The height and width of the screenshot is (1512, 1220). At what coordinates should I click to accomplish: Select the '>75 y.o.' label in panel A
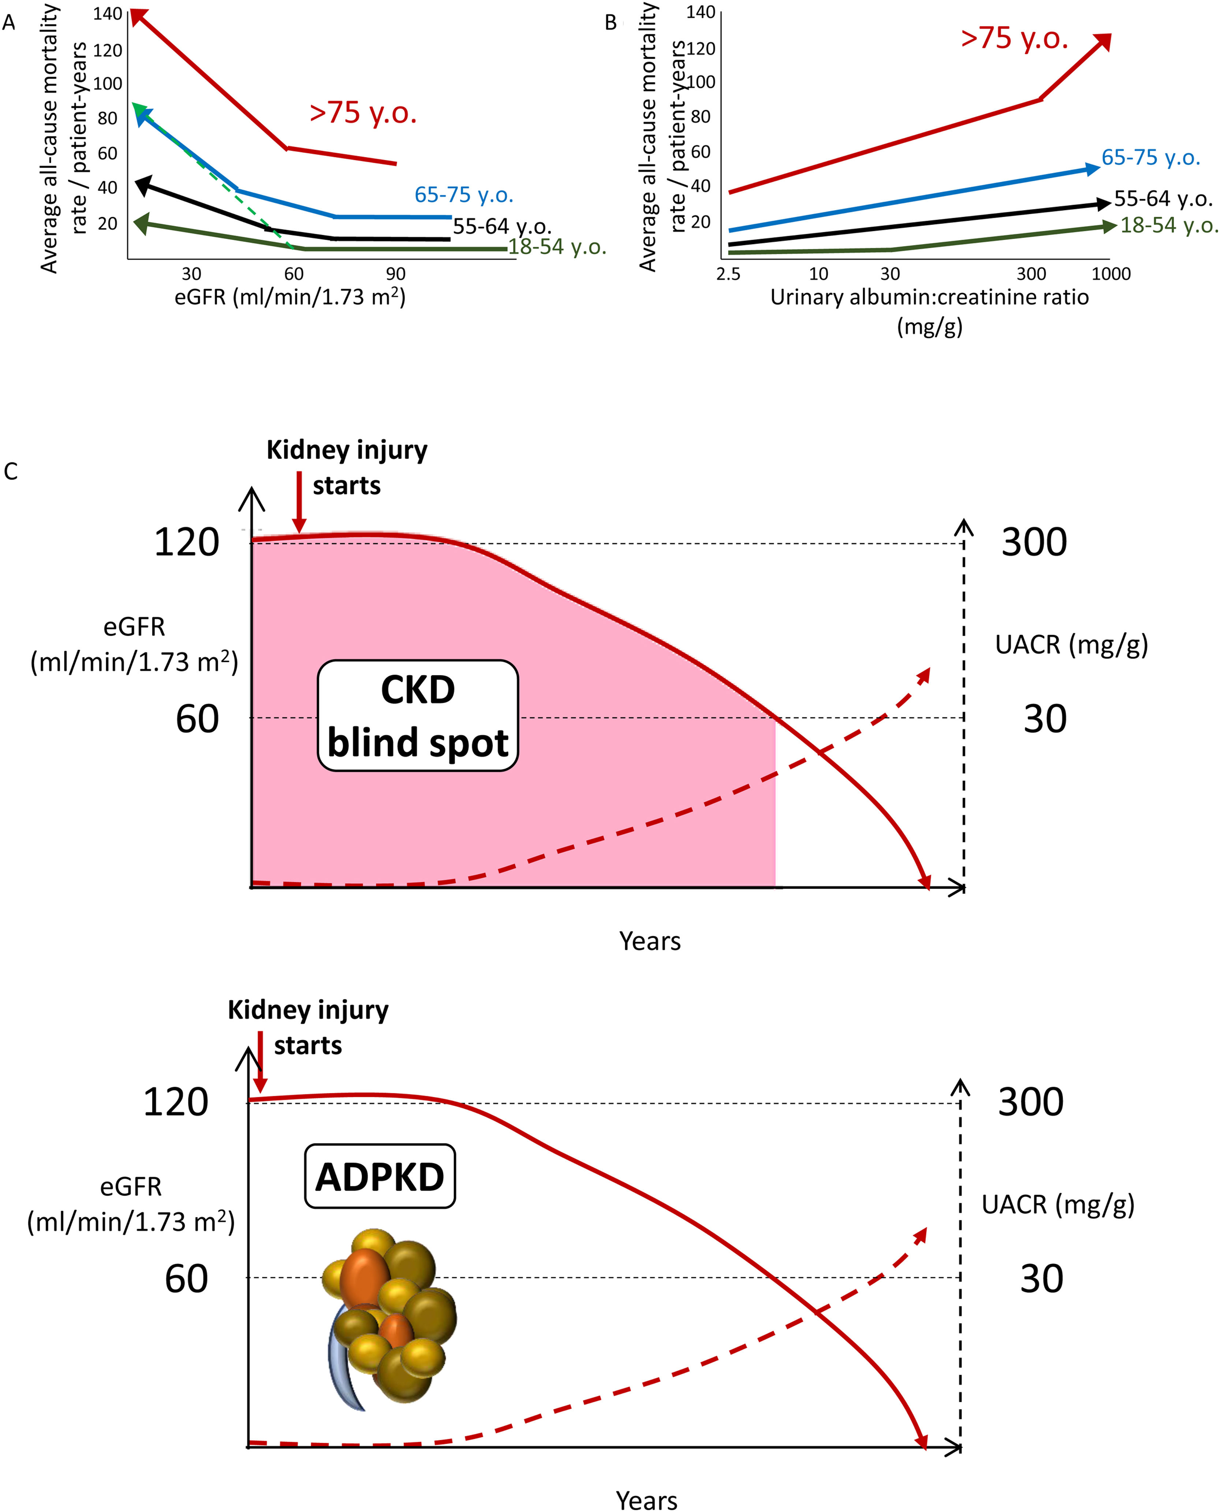pos(363,112)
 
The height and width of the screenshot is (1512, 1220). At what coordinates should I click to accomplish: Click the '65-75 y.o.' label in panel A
pos(464,195)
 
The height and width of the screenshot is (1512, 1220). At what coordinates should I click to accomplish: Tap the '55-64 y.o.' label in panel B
pos(1163,199)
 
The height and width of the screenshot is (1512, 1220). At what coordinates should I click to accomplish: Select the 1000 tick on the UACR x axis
pos(1110,274)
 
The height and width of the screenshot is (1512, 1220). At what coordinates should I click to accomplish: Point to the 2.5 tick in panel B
pos(728,274)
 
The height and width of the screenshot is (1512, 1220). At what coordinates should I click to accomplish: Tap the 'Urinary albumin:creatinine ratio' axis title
pos(929,297)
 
